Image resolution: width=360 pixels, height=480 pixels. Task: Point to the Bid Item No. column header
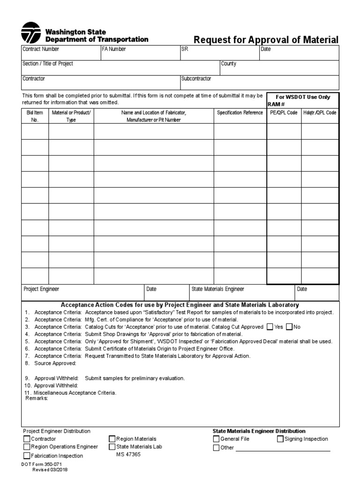coord(34,116)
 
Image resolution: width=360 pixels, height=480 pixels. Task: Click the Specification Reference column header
coord(240,113)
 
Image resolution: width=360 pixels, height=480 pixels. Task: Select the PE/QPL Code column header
coord(284,113)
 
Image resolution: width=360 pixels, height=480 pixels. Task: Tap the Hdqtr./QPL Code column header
coord(320,113)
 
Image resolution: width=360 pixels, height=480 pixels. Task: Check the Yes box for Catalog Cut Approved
coord(270,327)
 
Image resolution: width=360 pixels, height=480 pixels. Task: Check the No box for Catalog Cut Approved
coord(289,327)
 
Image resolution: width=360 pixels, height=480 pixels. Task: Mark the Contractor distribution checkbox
coord(27,439)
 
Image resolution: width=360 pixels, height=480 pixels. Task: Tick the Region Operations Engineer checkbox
coord(27,447)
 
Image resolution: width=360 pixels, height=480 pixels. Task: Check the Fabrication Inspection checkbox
coord(27,456)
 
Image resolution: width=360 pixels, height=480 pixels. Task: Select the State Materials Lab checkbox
coord(112,447)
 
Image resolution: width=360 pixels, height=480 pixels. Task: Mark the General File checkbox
coord(216,439)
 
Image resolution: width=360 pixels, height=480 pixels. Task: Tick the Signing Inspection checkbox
coord(280,439)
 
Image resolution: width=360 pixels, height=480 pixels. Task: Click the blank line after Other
coord(283,449)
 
